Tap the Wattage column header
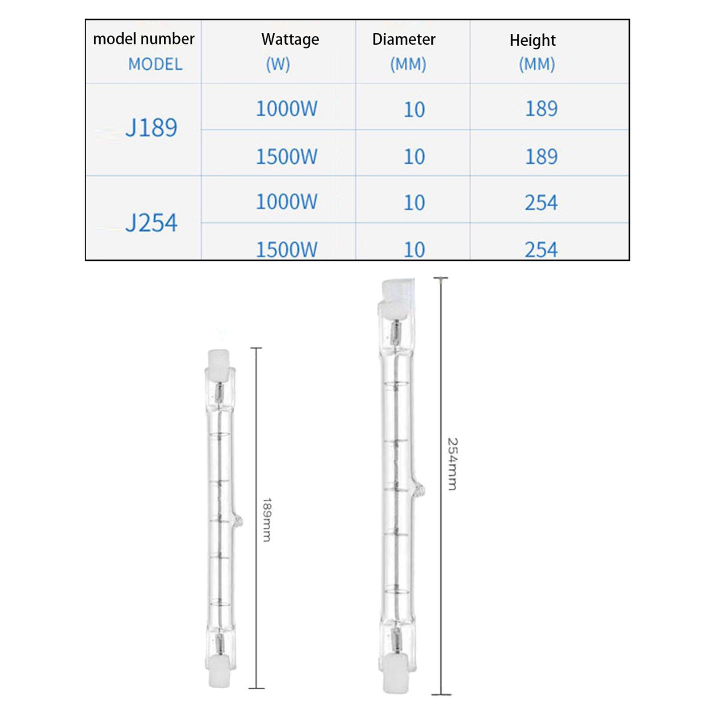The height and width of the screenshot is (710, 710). point(290,39)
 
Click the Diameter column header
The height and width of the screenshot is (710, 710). point(404,39)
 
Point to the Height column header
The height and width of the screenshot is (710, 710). point(532,40)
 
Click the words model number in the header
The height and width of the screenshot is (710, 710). point(144,39)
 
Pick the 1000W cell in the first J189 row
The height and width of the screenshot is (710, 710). point(287,109)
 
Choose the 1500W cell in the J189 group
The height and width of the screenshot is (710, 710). point(287,157)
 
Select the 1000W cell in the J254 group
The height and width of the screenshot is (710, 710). point(287,202)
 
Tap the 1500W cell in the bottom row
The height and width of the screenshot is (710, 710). point(287,249)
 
